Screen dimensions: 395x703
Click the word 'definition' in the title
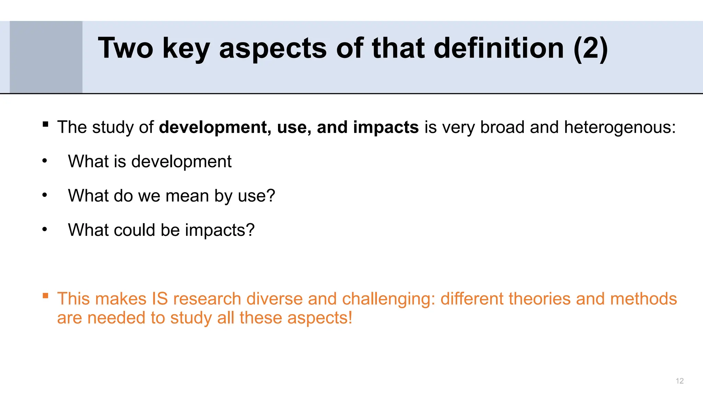point(498,48)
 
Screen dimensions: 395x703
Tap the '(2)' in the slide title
point(591,48)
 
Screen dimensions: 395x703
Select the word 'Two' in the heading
point(125,48)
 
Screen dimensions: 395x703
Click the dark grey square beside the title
point(46,57)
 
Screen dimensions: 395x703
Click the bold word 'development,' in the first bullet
point(215,127)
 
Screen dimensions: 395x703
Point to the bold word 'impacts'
point(386,127)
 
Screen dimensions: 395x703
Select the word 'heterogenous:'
point(620,127)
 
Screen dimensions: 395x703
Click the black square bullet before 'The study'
point(45,124)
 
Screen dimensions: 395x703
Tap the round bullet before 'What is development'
point(45,161)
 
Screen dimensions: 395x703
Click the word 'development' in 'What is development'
point(181,161)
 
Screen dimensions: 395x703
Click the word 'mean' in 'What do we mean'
point(187,196)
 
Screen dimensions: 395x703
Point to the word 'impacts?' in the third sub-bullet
point(220,230)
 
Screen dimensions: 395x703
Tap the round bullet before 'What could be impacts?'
point(45,229)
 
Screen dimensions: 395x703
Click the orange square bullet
point(45,296)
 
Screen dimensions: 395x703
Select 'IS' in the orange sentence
point(160,299)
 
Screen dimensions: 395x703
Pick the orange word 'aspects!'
point(320,318)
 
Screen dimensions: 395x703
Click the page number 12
point(679,381)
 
